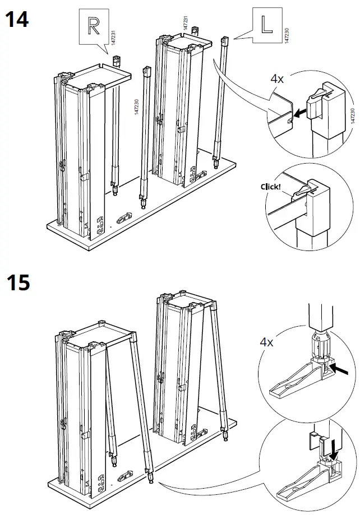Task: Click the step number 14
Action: coord(17,20)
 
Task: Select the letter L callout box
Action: coord(265,25)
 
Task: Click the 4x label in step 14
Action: coord(277,79)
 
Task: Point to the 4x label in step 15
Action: coord(266,342)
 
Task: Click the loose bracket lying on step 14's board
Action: coord(124,216)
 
